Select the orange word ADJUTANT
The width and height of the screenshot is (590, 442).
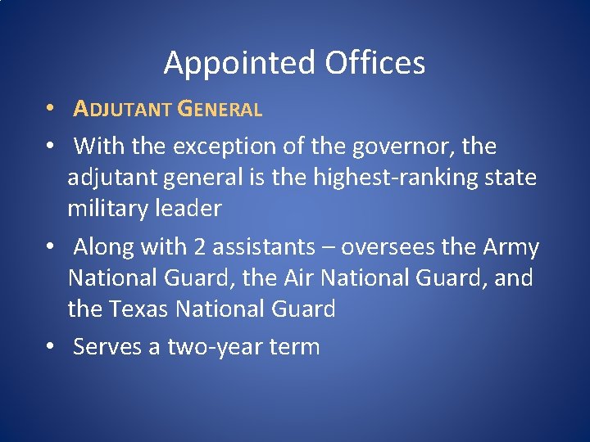click(x=123, y=109)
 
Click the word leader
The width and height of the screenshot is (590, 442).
click(x=193, y=209)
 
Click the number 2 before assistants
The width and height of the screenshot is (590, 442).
click(x=201, y=247)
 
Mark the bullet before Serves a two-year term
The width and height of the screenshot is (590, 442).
click(x=51, y=347)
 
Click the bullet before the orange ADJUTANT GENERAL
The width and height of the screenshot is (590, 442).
click(x=51, y=109)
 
